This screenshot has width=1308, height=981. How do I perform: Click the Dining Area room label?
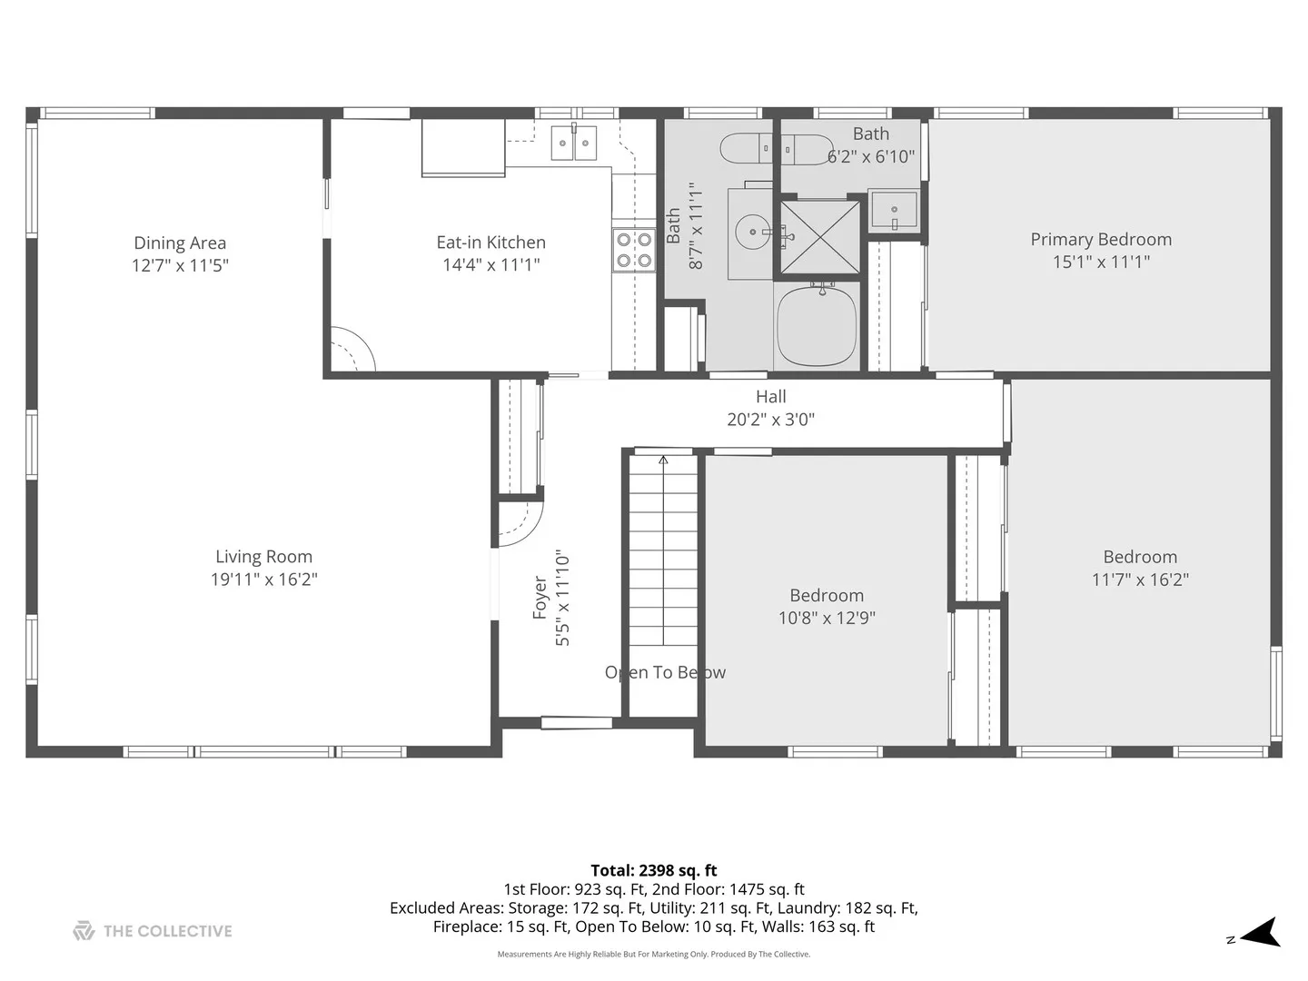coord(180,243)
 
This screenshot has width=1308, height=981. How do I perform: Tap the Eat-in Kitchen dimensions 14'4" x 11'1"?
coord(491,264)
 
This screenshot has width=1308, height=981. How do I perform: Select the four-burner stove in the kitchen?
coord(634,250)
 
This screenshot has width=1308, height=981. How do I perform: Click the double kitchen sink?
coord(573,143)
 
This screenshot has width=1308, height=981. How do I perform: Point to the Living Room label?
coord(264,557)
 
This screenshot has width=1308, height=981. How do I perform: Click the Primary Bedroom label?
coord(1101,240)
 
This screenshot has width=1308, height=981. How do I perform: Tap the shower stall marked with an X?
coord(820,238)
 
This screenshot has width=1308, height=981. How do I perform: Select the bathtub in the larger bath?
coord(817,326)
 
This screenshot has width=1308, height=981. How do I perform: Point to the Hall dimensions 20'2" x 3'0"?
coord(770,420)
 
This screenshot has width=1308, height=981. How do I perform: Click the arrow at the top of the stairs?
coord(663,460)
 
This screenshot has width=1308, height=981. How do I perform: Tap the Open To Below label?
coord(665,672)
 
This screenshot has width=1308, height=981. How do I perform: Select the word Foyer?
coord(540,598)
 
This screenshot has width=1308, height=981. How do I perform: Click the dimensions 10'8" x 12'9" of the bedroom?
coord(827,619)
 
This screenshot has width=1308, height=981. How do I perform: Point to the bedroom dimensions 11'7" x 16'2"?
coord(1140,580)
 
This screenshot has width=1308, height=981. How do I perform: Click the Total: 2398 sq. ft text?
coord(654,871)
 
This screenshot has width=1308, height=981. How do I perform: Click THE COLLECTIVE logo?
coord(153,931)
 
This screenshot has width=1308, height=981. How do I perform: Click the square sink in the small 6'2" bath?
coord(894,210)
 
